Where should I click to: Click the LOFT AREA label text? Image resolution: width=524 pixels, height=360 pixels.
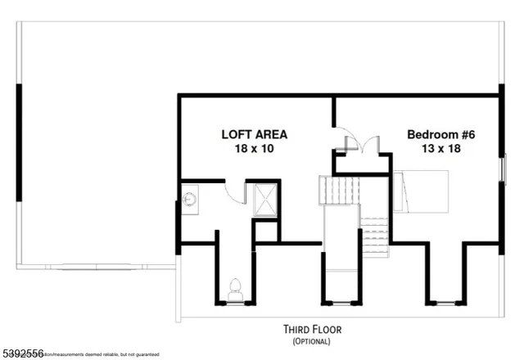(x=254, y=135)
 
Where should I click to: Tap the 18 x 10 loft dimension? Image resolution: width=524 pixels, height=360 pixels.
(x=254, y=150)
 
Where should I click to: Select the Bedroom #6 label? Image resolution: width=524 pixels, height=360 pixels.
(x=440, y=135)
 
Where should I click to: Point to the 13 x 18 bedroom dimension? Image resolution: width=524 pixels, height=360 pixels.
(x=440, y=150)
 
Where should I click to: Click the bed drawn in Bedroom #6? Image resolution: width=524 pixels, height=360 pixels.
(x=422, y=191)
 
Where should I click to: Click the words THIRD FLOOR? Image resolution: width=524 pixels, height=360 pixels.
(x=308, y=331)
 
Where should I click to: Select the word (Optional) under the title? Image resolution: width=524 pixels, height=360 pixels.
(x=308, y=342)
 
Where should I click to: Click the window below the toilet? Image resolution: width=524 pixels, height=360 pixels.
(x=235, y=302)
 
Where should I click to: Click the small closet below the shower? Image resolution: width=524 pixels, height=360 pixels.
(x=266, y=231)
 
